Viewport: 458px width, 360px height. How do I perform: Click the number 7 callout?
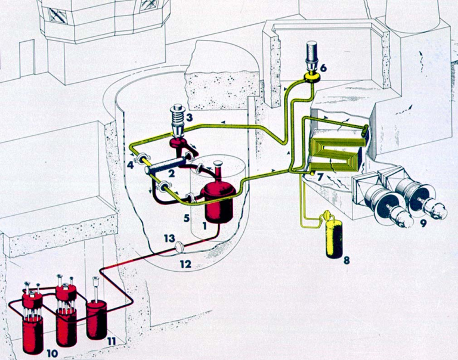click(x=320, y=177)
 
